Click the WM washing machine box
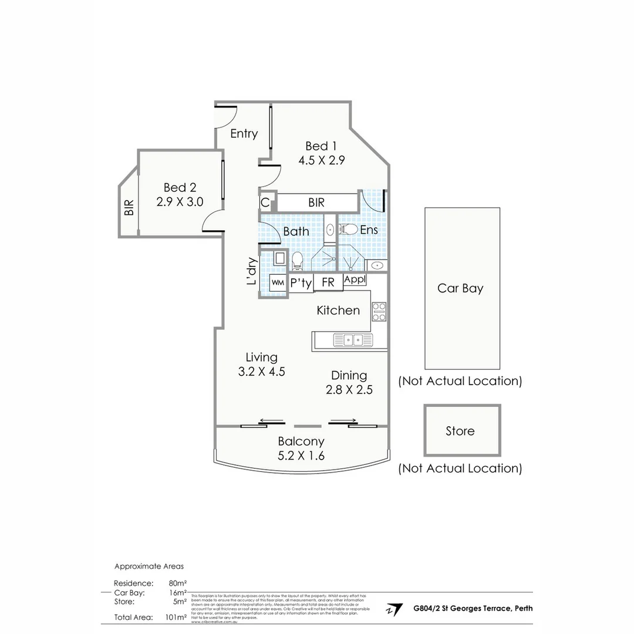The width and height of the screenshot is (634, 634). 278,282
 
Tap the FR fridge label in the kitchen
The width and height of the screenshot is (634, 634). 328,282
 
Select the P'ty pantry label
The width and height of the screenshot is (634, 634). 301,283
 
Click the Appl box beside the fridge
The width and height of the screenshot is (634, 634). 355,279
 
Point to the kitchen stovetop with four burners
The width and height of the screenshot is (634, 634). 379,311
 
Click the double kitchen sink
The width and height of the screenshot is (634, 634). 353,339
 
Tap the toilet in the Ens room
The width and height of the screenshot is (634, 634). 349,229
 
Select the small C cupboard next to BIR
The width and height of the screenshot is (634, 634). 265,203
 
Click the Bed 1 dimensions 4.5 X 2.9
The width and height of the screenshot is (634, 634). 321,160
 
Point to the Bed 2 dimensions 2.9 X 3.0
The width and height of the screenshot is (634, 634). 180,201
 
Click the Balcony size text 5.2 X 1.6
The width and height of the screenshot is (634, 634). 301,456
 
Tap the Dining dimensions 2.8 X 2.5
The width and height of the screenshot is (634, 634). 349,389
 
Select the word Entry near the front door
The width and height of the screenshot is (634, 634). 244,134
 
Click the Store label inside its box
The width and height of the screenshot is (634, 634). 460,431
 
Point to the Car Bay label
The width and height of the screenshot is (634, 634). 460,288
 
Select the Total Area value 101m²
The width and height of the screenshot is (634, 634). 177,617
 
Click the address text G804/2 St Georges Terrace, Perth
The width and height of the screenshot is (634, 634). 473,608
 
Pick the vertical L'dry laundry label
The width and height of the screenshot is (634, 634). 251,272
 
